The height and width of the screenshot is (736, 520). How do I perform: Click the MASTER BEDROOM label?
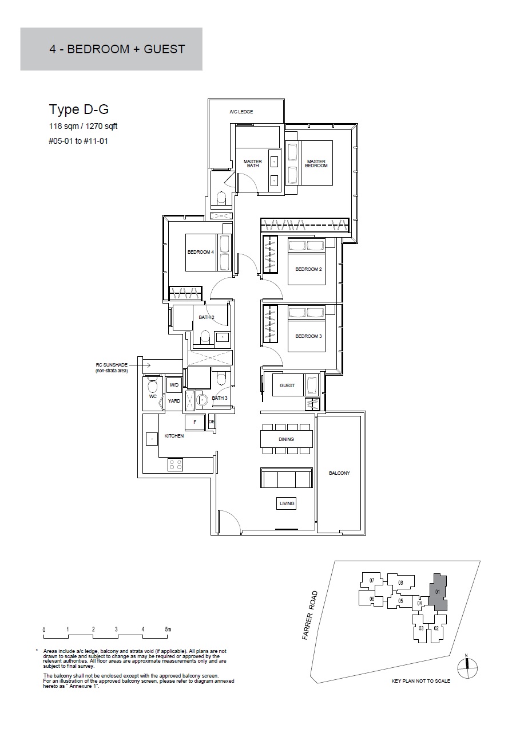pyautogui.click(x=316, y=163)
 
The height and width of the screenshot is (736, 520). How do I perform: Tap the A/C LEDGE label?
pyautogui.click(x=241, y=112)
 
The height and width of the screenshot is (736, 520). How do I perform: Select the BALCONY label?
pyautogui.click(x=339, y=473)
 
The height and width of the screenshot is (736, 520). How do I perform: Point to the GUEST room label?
pyautogui.click(x=287, y=385)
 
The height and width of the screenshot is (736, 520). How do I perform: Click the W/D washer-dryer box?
pyautogui.click(x=174, y=385)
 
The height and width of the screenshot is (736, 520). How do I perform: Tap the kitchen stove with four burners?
pyautogui.click(x=175, y=465)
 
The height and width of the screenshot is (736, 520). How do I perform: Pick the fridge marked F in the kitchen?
pyautogui.click(x=195, y=423)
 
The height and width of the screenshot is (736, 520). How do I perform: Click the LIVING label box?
pyautogui.click(x=287, y=503)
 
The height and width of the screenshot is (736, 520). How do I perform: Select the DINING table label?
pyautogui.click(x=286, y=439)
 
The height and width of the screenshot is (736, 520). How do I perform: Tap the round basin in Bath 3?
pyautogui.click(x=202, y=400)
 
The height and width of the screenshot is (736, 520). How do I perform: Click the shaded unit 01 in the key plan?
pyautogui.click(x=438, y=592)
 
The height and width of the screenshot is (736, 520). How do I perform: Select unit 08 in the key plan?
pyautogui.click(x=400, y=583)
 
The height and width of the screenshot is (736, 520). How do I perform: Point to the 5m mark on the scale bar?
pyautogui.click(x=168, y=629)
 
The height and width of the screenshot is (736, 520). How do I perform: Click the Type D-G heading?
pyautogui.click(x=79, y=109)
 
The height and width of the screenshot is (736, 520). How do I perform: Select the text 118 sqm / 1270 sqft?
pyautogui.click(x=83, y=126)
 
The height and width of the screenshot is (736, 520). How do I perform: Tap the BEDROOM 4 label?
pyautogui.click(x=200, y=252)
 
